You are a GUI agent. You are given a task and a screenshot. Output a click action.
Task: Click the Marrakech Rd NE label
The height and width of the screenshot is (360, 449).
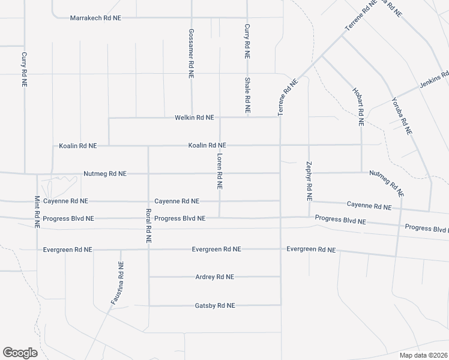[x=95, y=18]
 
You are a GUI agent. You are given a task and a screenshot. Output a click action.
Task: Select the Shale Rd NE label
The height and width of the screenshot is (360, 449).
[x=247, y=96]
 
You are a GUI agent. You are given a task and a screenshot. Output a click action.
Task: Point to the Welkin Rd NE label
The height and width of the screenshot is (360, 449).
[x=194, y=118]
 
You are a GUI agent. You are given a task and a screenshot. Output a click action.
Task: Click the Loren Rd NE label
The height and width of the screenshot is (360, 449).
[x=220, y=172]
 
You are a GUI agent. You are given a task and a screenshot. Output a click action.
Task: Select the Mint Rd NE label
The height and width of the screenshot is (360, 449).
[x=37, y=212]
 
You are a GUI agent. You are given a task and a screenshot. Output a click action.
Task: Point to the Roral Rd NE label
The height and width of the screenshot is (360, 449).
[x=148, y=226]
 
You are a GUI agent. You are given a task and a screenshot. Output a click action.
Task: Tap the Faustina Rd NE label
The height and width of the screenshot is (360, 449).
[x=117, y=284]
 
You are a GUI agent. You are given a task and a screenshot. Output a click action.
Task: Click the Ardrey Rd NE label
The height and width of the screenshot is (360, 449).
[x=214, y=277]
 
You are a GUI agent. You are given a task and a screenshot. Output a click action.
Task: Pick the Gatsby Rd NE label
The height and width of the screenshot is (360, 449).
[x=215, y=305]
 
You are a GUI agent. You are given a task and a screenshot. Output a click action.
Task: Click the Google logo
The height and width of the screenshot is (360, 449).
[x=20, y=353]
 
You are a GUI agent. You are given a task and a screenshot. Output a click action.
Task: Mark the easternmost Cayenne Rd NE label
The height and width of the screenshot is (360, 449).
[x=369, y=205]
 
